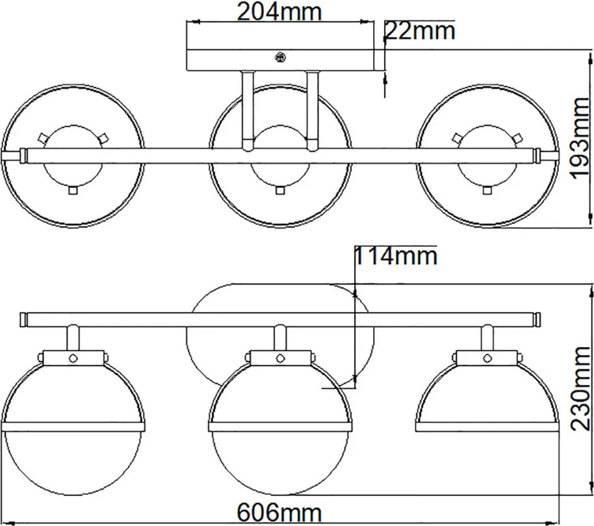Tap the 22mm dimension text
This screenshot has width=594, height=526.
pyautogui.click(x=420, y=31)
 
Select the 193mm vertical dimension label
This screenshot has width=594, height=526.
pyautogui.click(x=579, y=138)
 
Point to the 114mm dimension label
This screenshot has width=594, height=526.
pyautogui.click(x=396, y=256)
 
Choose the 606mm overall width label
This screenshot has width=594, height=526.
pyautogui.click(x=279, y=513)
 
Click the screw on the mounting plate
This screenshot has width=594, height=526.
pyautogui.click(x=280, y=58)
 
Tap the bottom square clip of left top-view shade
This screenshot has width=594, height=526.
pyautogui.click(x=73, y=191)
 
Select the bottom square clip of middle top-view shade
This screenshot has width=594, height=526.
pyautogui.click(x=280, y=191)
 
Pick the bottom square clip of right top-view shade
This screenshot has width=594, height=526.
pyautogui.click(x=487, y=191)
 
